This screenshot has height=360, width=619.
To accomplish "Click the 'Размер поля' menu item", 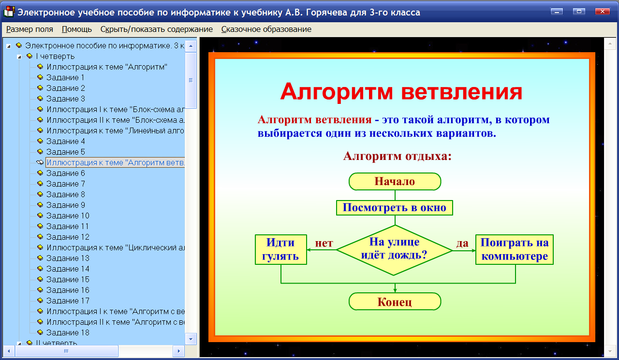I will pyautogui.click(x=29, y=29).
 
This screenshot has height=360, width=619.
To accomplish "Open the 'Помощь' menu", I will pyautogui.click(x=76, y=29).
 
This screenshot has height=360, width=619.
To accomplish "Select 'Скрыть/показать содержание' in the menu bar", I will pyautogui.click(x=156, y=29).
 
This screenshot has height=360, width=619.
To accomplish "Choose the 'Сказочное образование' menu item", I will pyautogui.click(x=266, y=29).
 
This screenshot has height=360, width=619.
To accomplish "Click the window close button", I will pyautogui.click(x=602, y=12).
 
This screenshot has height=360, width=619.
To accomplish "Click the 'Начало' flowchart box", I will pyautogui.click(x=395, y=182).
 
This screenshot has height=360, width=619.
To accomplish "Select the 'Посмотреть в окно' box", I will pyautogui.click(x=395, y=208).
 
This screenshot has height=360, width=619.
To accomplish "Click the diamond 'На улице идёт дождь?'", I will pyautogui.click(x=395, y=249).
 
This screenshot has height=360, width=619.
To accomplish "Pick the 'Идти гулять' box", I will pyautogui.click(x=281, y=249).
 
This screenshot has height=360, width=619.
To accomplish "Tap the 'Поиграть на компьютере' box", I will pyautogui.click(x=515, y=249).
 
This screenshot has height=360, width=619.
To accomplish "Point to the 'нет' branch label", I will pyautogui.click(x=324, y=243).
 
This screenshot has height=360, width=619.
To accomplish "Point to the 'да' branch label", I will pyautogui.click(x=462, y=243).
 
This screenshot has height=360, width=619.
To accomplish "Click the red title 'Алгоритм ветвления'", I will pyautogui.click(x=401, y=91).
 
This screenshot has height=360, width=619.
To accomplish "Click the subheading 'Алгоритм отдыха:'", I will pyautogui.click(x=397, y=156).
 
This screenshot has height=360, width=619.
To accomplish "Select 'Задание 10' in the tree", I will pyautogui.click(x=68, y=216).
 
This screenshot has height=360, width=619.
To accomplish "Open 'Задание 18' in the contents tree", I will pyautogui.click(x=68, y=332).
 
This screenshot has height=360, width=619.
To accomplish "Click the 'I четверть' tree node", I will pyautogui.click(x=55, y=56).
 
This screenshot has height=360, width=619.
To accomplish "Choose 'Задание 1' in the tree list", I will pyautogui.click(x=65, y=77).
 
